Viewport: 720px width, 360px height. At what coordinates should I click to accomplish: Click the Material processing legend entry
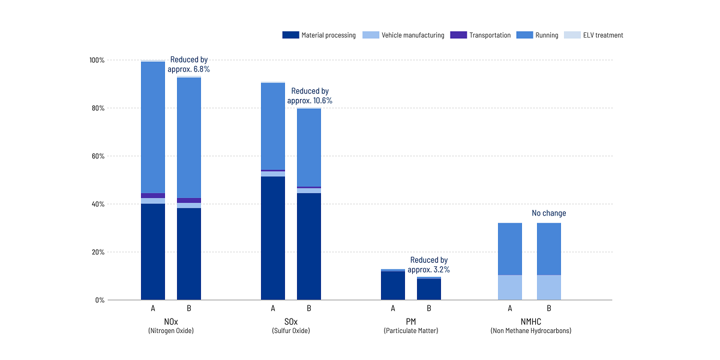(x=319, y=35)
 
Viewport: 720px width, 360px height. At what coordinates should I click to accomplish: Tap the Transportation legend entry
(x=481, y=35)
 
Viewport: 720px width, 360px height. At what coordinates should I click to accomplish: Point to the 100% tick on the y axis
(x=97, y=61)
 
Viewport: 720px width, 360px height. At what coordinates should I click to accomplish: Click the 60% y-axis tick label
(x=98, y=156)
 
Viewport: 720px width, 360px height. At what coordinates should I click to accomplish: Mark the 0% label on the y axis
(x=100, y=300)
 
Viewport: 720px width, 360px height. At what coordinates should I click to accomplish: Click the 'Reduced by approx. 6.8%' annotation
(x=189, y=65)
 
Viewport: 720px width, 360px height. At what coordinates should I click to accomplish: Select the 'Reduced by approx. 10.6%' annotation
(x=310, y=96)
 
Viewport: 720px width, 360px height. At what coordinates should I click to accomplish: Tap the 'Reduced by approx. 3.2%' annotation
(x=428, y=265)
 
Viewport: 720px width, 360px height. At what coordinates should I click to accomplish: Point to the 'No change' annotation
(x=549, y=213)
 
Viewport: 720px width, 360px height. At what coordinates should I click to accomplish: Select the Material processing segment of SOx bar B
(x=309, y=246)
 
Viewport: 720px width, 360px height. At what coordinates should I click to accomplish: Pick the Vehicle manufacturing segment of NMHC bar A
(x=510, y=287)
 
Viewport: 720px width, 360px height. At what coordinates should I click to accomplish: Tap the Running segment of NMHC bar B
(x=549, y=249)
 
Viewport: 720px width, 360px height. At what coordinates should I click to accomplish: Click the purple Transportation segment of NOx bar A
(x=153, y=196)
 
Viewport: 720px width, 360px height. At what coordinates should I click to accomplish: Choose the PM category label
(x=411, y=322)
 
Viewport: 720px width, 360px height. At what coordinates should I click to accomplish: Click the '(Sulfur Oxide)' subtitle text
(x=291, y=331)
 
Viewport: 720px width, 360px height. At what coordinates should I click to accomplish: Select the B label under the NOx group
(x=189, y=308)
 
